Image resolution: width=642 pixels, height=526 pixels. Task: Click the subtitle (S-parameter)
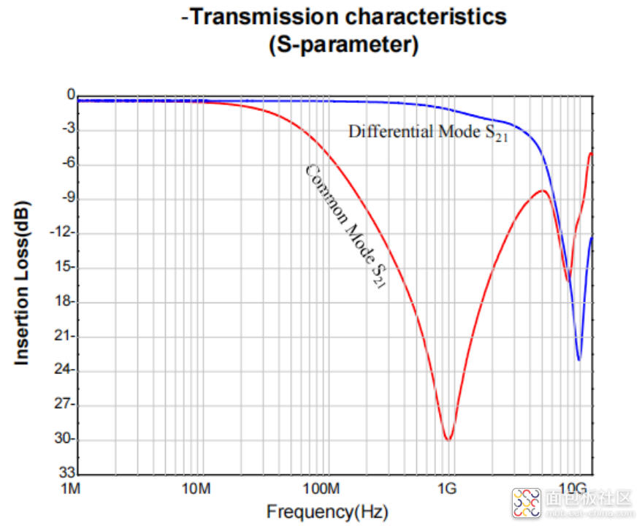point(344,45)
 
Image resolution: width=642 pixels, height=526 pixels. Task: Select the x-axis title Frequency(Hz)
point(326,511)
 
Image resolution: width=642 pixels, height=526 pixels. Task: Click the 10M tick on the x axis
point(196,488)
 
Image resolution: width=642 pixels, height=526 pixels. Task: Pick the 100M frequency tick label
point(322,488)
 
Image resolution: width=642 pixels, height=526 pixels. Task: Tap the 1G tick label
point(448,488)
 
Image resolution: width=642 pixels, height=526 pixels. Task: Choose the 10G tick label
point(572,488)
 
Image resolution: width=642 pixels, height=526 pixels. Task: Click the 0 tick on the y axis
point(71,95)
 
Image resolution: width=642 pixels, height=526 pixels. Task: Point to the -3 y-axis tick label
point(68,129)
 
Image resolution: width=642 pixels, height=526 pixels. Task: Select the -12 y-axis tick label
point(65,232)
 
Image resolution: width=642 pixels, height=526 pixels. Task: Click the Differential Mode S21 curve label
point(427,133)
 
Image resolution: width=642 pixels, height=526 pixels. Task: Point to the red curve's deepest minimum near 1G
point(448,439)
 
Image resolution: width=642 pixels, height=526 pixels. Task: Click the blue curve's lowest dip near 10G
point(578,359)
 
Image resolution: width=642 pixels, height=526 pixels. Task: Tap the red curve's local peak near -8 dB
point(543,191)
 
